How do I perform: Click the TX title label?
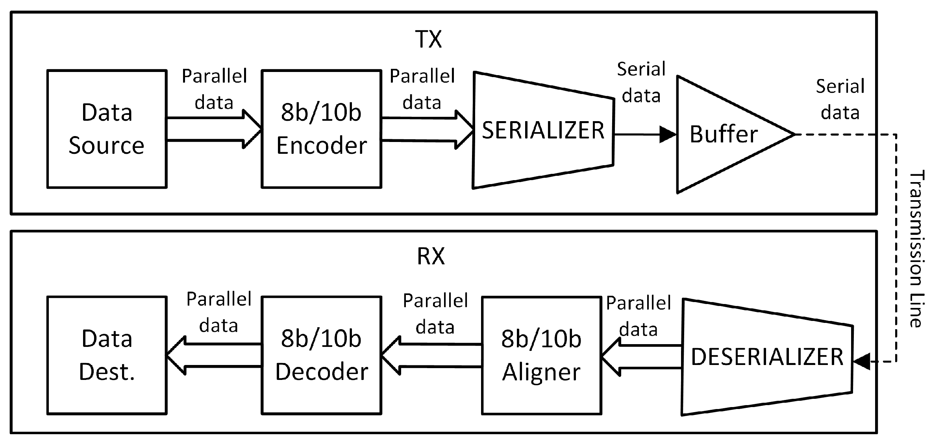pyautogui.click(x=429, y=39)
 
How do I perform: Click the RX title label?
pyautogui.click(x=431, y=257)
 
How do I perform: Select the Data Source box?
pyautogui.click(x=107, y=129)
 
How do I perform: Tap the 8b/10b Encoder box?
pyautogui.click(x=321, y=129)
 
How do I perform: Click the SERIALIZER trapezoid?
pyautogui.click(x=543, y=131)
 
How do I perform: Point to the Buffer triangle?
pyautogui.click(x=724, y=134)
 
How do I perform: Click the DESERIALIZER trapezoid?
pyautogui.click(x=767, y=357)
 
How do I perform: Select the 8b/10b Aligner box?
pyautogui.click(x=541, y=356)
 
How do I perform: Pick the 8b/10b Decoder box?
pyautogui.click(x=321, y=356)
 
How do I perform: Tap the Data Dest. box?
pyautogui.click(x=107, y=356)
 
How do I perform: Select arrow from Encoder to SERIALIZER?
pyautogui.click(x=428, y=129)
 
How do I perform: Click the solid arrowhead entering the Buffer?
pyautogui.click(x=668, y=135)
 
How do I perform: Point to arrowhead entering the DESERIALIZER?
pyautogui.click(x=861, y=361)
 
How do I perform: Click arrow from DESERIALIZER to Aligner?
pyautogui.click(x=642, y=357)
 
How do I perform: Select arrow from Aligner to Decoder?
pyautogui.click(x=431, y=356)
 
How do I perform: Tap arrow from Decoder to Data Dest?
pyautogui.click(x=214, y=356)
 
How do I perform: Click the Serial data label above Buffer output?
pyautogui.click(x=840, y=99)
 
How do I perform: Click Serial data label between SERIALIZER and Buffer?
pyautogui.click(x=641, y=82)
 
